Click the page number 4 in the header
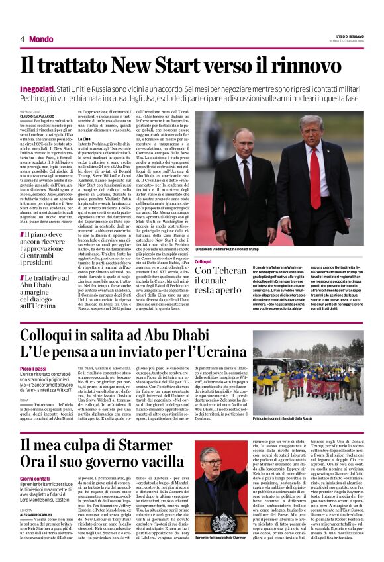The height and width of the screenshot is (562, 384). pyautogui.click(x=22, y=40)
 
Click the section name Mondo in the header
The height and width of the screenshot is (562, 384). pyautogui.click(x=41, y=40)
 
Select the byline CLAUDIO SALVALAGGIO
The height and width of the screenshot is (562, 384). pyautogui.click(x=39, y=117)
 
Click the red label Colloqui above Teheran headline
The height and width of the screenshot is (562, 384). pyautogui.click(x=203, y=262)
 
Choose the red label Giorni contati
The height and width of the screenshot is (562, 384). pyautogui.click(x=34, y=479)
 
